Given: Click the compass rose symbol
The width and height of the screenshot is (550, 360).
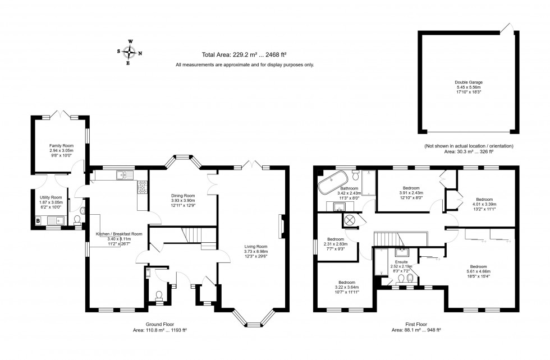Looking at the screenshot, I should coord(130,53).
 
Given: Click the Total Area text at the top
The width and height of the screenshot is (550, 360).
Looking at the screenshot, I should coord(244,54).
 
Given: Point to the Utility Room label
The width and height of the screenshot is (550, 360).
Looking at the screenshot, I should coord(50,201).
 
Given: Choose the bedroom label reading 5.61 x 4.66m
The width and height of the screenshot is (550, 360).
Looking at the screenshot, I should coord(478,270).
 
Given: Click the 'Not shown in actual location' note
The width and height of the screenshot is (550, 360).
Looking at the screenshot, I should coord(469,146).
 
